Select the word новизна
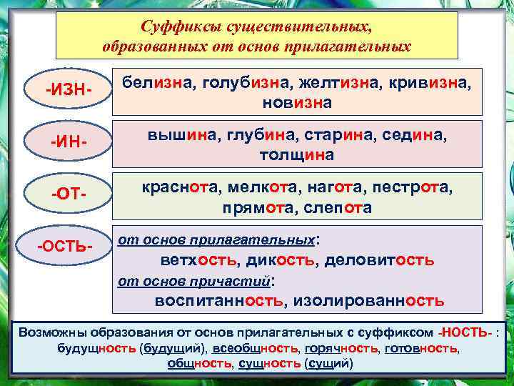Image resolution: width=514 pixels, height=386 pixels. pos(297,103)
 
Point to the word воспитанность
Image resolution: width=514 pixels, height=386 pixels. pos(218,300)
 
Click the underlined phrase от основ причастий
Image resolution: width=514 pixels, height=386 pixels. pos(194,280)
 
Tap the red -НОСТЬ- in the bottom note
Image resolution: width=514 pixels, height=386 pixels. pos(465,333)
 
